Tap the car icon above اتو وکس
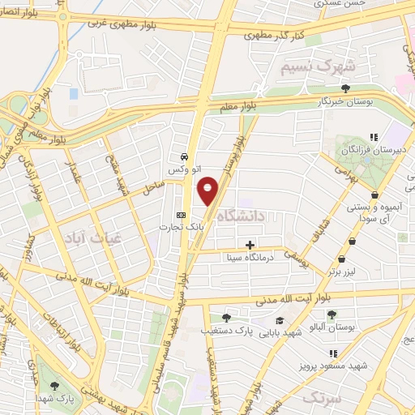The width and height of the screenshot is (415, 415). click(x=186, y=156)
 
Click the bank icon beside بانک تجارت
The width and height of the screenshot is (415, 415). click(x=181, y=216)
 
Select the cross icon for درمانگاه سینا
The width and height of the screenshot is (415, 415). click(x=250, y=245)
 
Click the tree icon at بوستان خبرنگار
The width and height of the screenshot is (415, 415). click(x=346, y=88)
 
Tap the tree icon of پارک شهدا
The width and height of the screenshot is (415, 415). click(x=54, y=385)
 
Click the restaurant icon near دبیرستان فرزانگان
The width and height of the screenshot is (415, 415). click(x=373, y=138)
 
